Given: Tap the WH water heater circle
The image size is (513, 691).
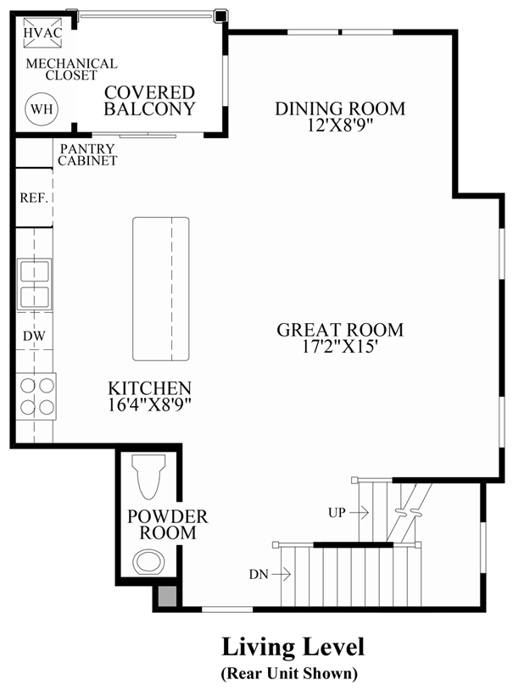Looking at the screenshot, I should (39, 108).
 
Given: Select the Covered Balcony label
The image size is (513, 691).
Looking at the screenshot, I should (150, 101).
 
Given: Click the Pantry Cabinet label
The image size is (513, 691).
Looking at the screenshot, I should (87, 154).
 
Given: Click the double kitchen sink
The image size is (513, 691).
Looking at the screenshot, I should (34, 285).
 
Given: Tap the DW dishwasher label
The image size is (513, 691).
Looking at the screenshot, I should (34, 336).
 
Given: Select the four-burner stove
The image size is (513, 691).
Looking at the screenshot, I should (36, 396).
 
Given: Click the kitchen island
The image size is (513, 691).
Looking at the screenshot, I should (160, 289).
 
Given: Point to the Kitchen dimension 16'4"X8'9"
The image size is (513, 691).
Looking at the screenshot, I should (149, 404).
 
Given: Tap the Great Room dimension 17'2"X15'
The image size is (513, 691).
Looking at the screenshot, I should (340, 347).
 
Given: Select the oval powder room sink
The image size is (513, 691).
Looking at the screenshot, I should (150, 562).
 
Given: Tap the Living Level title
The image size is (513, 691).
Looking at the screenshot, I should (293, 648).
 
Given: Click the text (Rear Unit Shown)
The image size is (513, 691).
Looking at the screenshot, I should (289, 674).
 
